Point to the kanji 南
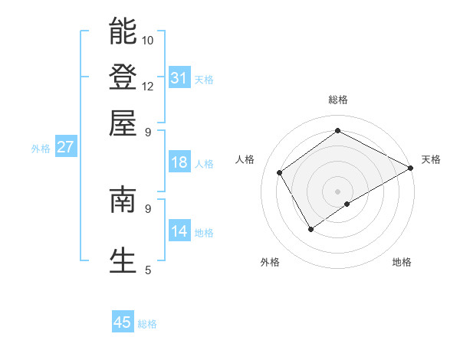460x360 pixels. [123, 200]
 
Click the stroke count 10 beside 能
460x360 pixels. [148, 40]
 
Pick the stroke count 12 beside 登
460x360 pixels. [148, 86]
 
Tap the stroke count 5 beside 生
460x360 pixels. [148, 270]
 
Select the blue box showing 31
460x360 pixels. [179, 78]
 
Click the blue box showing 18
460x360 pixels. [179, 162]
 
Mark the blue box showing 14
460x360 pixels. [179, 231]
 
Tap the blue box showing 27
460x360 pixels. [65, 147]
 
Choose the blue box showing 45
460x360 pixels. [123, 322]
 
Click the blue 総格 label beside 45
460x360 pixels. [147, 324]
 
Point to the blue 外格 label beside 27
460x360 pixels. [41, 149]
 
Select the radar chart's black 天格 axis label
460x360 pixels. [431, 159]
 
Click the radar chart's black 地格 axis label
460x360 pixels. [402, 262]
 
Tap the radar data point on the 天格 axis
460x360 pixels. [410, 168]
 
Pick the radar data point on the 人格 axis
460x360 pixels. [280, 172]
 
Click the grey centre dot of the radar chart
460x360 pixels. [337, 191]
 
